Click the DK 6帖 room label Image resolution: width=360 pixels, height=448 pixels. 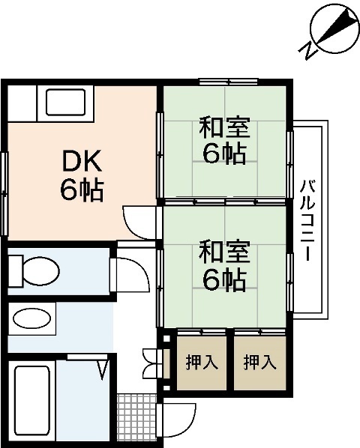click(82, 175)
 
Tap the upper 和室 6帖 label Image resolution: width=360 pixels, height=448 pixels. click(225, 140)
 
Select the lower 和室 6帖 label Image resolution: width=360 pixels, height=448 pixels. click(225, 266)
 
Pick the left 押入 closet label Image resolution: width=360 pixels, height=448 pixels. click(202, 363)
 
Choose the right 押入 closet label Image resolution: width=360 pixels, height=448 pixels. click(259, 363)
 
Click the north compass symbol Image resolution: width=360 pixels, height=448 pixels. click(333, 29)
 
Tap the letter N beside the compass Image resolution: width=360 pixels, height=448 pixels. click(307, 50)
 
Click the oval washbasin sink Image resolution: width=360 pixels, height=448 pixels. click(33, 319)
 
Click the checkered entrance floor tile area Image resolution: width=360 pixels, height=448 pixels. click(139, 420)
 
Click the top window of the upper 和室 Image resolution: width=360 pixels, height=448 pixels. click(228, 81)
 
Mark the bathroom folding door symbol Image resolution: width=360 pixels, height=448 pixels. click(102, 366)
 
